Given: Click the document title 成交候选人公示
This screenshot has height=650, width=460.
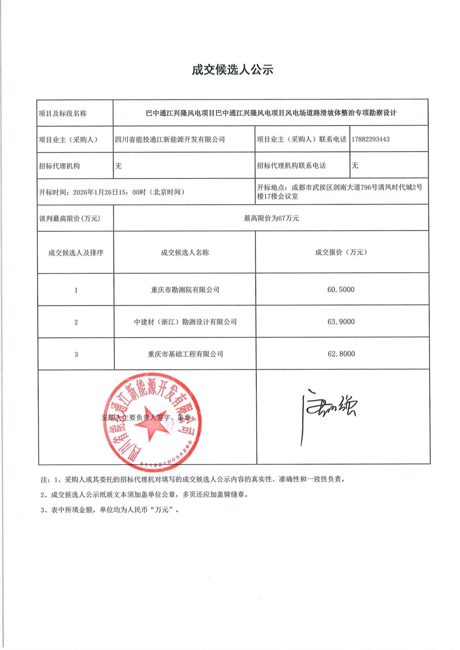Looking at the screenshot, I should pyautogui.click(x=232, y=70).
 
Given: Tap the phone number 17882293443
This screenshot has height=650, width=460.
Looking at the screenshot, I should pyautogui.click(x=370, y=139).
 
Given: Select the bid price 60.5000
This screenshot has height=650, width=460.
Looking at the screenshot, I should pyautogui.click(x=341, y=289).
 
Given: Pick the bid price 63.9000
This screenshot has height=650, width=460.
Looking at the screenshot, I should pyautogui.click(x=341, y=322).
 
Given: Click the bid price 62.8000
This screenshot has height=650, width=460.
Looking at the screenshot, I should pyautogui.click(x=341, y=354).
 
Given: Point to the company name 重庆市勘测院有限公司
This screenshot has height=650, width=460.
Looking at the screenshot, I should pyautogui.click(x=185, y=290).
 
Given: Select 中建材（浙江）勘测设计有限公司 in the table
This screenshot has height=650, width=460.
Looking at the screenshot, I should pyautogui.click(x=185, y=322).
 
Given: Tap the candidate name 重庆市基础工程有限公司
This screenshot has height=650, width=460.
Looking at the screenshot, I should pyautogui.click(x=185, y=354).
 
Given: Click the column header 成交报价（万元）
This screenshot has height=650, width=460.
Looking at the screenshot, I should pyautogui.click(x=341, y=252).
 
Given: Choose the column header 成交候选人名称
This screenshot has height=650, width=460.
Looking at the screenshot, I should pyautogui.click(x=185, y=253).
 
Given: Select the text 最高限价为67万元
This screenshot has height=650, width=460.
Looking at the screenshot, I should pyautogui.click(x=271, y=218).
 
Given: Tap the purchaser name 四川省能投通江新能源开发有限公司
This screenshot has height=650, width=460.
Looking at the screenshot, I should pyautogui.click(x=170, y=139).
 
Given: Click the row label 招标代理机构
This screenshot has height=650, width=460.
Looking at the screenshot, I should pyautogui.click(x=59, y=166).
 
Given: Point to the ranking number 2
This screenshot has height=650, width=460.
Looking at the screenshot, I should pyautogui.click(x=76, y=322).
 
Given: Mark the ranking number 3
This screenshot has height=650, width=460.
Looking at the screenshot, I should pyautogui.click(x=76, y=354).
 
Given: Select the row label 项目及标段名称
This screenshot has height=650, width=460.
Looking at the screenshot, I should pyautogui.click(x=63, y=113).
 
